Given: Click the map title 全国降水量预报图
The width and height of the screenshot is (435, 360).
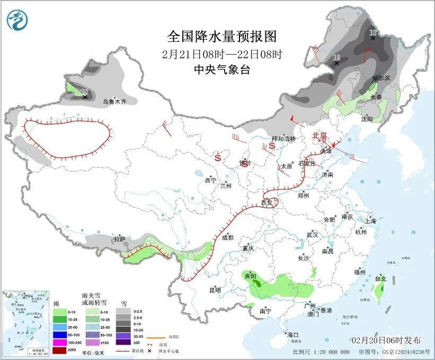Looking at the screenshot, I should [x=222, y=36].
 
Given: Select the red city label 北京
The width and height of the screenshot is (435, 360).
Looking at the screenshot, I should [x=320, y=136].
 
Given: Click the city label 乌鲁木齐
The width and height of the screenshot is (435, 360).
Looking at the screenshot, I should [x=114, y=101].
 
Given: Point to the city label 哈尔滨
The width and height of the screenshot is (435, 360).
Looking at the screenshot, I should [x=380, y=77].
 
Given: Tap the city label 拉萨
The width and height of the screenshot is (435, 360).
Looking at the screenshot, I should [x=119, y=239].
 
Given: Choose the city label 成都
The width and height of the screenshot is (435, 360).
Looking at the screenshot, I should [x=227, y=238].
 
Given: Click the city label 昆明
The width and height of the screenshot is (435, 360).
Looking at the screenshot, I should [x=215, y=290].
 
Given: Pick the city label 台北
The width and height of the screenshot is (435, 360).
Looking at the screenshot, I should [x=380, y=278].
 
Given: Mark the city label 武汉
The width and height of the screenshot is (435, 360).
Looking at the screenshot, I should [x=312, y=234].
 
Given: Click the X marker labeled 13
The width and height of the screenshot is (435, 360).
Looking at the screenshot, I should [x=373, y=38].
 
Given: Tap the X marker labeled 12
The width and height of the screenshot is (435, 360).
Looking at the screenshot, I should [x=336, y=63].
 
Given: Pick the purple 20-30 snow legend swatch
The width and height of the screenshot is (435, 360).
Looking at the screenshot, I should [x=123, y=336].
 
